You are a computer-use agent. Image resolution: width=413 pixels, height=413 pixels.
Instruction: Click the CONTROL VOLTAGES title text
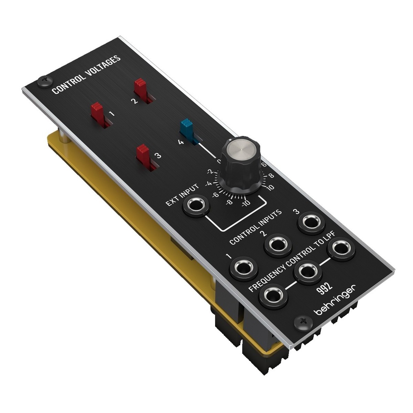pyautogui.click(x=86, y=75)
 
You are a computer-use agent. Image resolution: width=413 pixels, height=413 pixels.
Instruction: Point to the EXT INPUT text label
pyautogui.click(x=182, y=195)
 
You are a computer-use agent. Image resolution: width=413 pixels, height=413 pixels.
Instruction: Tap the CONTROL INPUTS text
pyautogui.click(x=255, y=227)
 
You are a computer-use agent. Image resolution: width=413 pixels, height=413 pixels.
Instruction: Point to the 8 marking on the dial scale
pyautogui.click(x=271, y=176)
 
